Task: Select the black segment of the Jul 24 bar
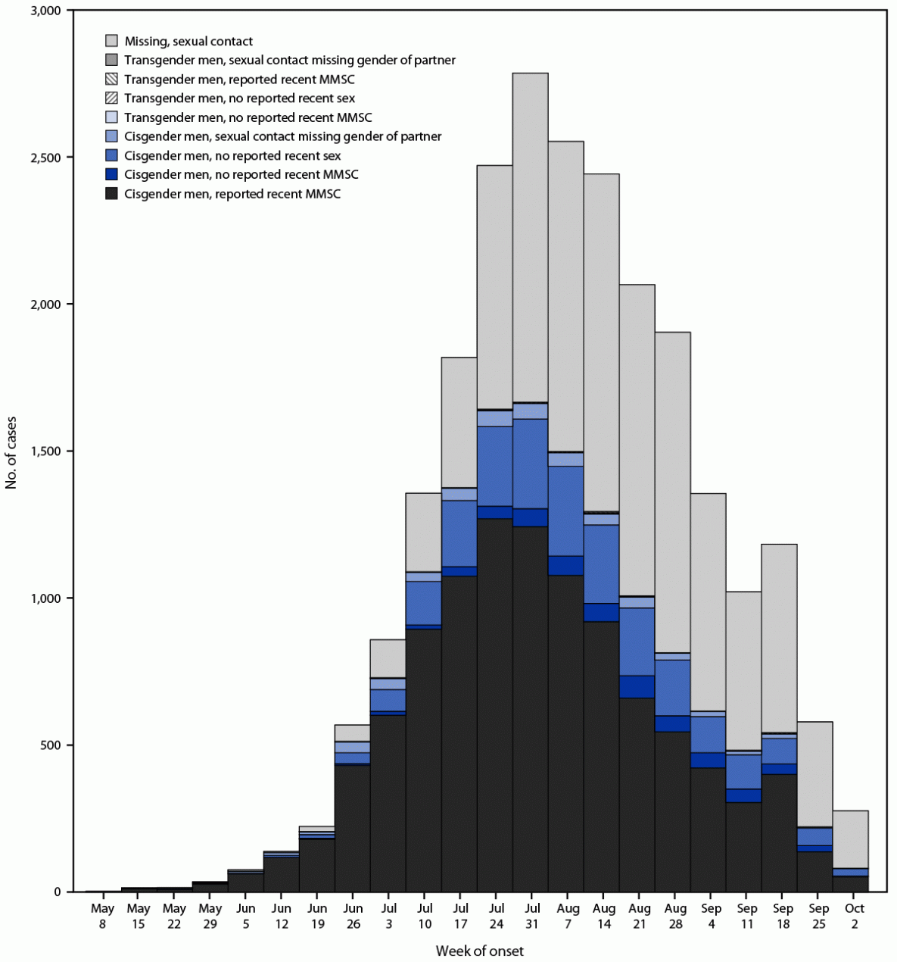tap(494, 704)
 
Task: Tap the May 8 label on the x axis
tap(102, 916)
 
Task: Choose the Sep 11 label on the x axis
tap(747, 916)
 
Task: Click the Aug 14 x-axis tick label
tap(603, 916)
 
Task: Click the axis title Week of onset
tap(479, 951)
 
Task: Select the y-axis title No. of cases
tap(11, 451)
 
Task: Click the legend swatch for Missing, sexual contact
tap(111, 41)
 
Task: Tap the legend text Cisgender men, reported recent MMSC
tap(232, 194)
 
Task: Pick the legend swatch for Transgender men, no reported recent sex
tap(111, 98)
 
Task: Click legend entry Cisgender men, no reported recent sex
tap(232, 156)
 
